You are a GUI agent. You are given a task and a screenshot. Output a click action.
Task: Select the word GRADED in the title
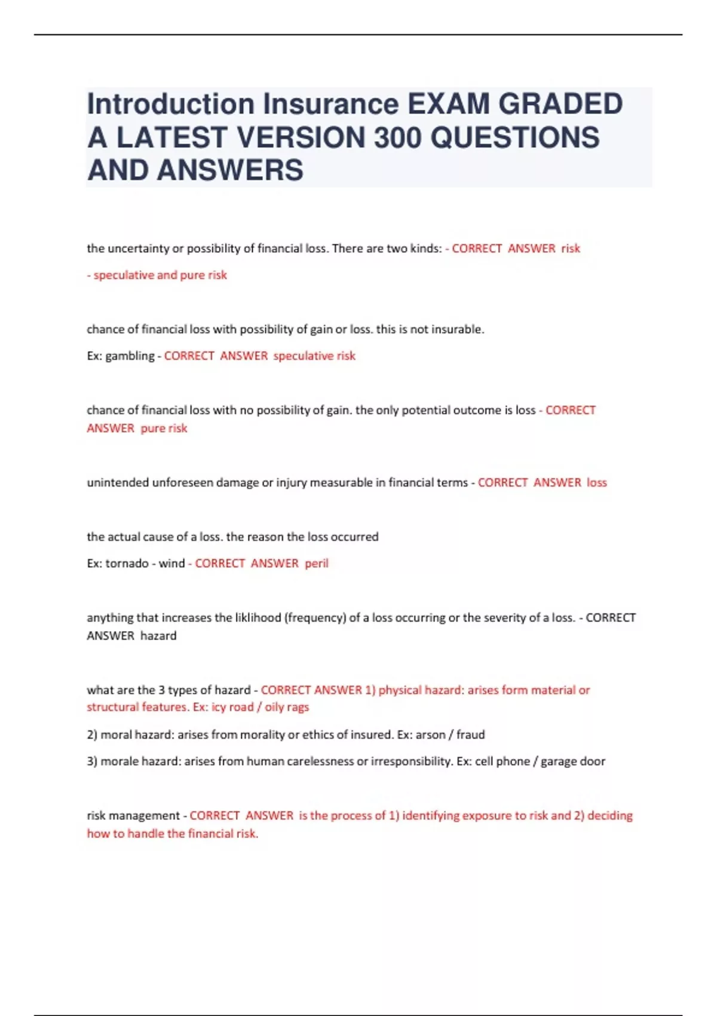click(x=560, y=104)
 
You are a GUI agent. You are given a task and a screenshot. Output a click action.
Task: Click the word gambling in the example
click(x=130, y=356)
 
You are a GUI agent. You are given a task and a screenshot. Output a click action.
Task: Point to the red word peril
click(x=317, y=564)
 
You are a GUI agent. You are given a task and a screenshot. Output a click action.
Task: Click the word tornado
click(x=127, y=564)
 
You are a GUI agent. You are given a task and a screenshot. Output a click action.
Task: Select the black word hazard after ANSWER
click(x=158, y=636)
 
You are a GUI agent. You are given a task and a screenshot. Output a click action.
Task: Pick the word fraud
click(x=471, y=735)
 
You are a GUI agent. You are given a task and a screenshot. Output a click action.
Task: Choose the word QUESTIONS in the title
click(x=514, y=137)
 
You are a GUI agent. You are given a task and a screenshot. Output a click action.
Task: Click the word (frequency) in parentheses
click(x=315, y=618)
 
